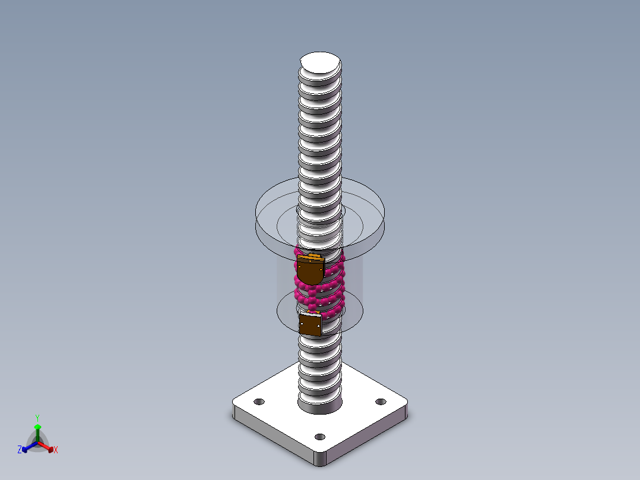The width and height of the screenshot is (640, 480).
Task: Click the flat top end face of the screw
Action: [x=321, y=62]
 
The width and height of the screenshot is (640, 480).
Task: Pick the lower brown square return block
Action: [x=310, y=325]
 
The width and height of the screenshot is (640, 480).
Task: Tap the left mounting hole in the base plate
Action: [x=259, y=402]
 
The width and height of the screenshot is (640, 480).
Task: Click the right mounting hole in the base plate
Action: [x=381, y=402]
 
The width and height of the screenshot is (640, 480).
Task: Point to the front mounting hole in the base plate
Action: [x=320, y=437]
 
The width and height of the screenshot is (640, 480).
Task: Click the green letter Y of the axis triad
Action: [x=37, y=418]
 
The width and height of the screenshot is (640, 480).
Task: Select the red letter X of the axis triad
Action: [x=56, y=450]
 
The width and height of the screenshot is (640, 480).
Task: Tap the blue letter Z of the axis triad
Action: [x=20, y=450]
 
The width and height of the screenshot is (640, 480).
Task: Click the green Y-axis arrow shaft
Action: [x=37, y=435]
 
